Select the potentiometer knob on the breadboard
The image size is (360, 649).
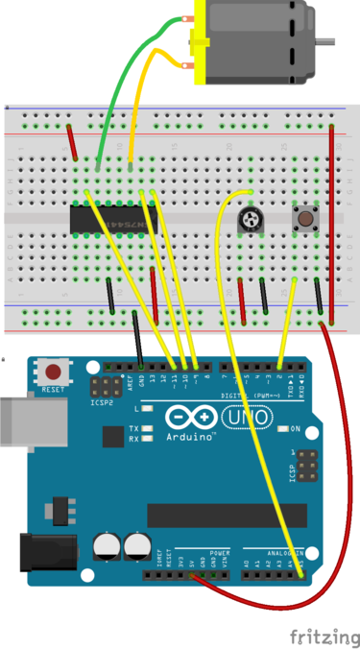click(252, 221)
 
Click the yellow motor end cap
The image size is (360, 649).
click(199, 43)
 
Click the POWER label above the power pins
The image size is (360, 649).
click(219, 554)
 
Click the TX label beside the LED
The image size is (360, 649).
click(133, 427)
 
